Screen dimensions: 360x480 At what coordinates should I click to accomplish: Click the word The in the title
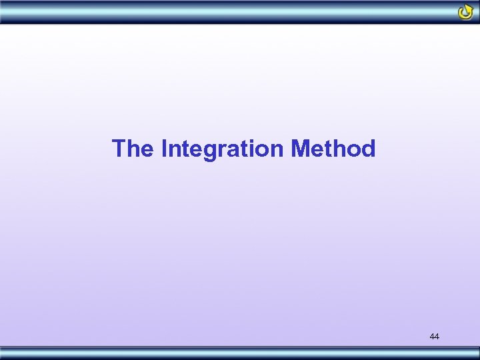coord(133,148)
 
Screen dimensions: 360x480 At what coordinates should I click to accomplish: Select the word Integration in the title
coord(223,148)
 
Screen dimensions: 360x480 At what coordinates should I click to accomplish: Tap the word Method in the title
coord(333,148)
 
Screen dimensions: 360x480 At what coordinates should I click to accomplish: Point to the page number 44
coord(435,337)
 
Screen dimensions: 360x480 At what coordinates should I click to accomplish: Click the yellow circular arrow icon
coord(465,12)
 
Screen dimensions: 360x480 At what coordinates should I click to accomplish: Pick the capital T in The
coord(119,148)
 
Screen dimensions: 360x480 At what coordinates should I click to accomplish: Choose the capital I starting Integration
coord(164,148)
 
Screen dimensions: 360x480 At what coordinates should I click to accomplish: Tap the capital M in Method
coord(301,148)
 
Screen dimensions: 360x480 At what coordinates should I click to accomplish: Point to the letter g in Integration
coord(210,151)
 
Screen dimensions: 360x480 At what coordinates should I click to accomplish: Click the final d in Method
coord(369,148)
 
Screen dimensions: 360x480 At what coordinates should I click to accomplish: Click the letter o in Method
coord(354,150)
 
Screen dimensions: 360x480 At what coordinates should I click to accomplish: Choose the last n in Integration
coord(277,150)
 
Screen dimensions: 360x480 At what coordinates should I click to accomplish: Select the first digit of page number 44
coord(432,337)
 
